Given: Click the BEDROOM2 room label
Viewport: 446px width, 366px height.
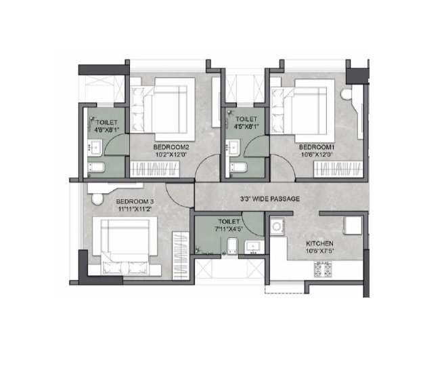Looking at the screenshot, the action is pos(171,147).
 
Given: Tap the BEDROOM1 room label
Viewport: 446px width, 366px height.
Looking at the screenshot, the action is pos(316,147).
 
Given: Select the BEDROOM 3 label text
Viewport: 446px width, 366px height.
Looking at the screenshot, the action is pos(135,202).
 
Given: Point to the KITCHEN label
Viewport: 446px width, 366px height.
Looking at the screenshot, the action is pos(319,244).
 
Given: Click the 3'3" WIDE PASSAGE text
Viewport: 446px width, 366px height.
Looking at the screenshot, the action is pos(270,199).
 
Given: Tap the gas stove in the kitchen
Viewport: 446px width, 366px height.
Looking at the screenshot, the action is pos(323,269).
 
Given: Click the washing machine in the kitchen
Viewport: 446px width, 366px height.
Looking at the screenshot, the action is pos(277,226).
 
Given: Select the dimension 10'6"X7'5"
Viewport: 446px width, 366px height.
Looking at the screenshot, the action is pos(319,251).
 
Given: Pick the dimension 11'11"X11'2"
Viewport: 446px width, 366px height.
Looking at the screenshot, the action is pos(135,209).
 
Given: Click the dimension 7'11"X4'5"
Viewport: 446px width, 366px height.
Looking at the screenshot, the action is pos(229,228).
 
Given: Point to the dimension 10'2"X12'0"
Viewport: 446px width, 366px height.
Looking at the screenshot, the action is pos(171,155).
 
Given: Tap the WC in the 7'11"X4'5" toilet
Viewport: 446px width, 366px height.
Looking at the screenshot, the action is pos(232,246).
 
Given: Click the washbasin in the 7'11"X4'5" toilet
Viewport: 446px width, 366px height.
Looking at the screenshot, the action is pos(254,247).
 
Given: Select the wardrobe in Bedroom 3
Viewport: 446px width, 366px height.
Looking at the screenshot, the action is pos(181,256).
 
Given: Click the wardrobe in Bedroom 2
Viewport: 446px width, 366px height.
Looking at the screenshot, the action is pos(155,169).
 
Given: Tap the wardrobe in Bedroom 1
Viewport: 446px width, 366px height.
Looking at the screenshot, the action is pos(338,169).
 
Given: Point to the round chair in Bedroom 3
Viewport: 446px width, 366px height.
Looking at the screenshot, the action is pos(97,199).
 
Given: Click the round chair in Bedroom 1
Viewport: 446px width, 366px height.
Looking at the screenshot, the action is pos(347,94).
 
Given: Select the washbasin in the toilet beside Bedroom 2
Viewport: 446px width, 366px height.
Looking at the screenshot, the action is pos(95,148).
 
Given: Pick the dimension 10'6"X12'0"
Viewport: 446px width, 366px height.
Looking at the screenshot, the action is pos(316,155).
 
